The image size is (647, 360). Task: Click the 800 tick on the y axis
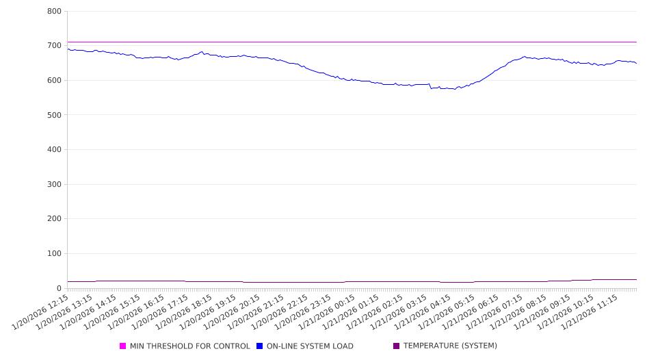[x=55, y=12]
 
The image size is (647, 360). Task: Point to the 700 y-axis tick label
[x=55, y=46]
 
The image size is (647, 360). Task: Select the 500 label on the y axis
[x=55, y=115]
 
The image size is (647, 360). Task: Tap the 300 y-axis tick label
[x=55, y=185]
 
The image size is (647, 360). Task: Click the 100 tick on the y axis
[x=55, y=254]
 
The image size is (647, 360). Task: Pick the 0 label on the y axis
[x=60, y=289]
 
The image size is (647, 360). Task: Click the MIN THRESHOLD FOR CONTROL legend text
[x=189, y=346]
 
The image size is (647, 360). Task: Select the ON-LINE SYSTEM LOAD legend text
[x=310, y=346]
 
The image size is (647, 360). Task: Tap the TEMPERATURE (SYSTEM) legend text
[x=450, y=346]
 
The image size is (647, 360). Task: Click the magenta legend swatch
[x=123, y=346]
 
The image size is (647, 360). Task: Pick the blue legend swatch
[x=260, y=346]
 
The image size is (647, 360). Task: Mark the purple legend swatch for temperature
[x=397, y=346]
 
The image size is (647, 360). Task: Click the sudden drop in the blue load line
[x=430, y=86]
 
